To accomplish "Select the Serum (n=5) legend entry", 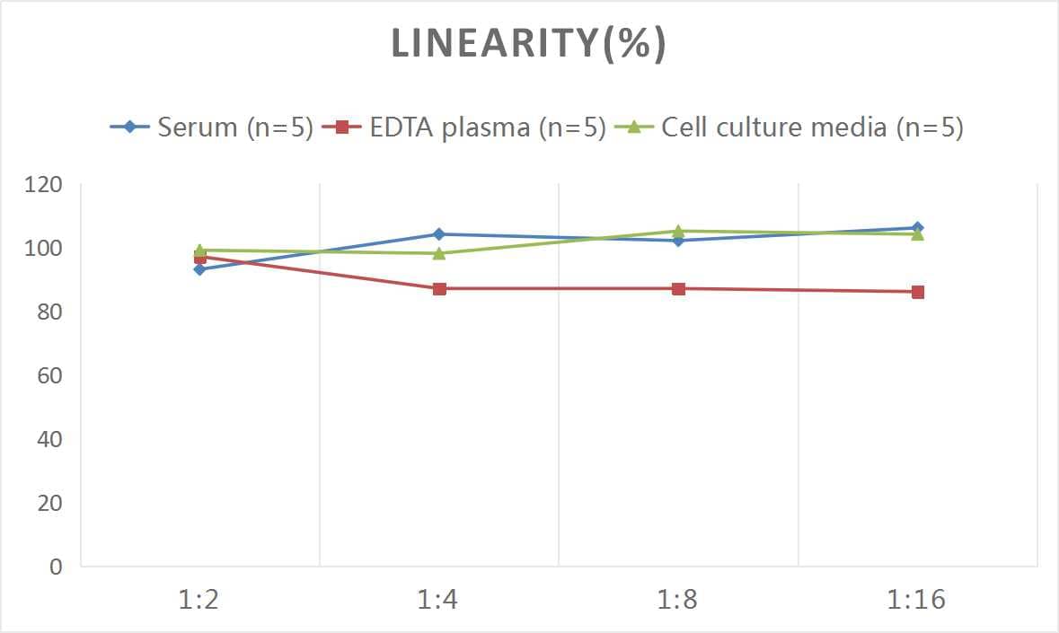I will coord(212,127).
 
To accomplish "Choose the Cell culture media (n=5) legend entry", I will coord(790,127).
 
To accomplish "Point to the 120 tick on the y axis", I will coord(44,185).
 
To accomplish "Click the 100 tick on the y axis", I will coord(44,249).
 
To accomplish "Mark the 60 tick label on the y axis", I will coord(49,375).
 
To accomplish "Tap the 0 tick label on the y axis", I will coord(56,567).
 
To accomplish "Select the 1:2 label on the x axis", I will coord(199,600).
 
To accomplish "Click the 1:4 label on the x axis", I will coord(438,600).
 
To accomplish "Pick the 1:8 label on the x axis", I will coord(678,600).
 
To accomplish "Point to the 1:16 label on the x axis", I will coord(917,600).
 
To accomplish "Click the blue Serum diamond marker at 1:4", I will coord(439,234).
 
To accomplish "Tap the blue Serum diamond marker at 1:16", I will coord(917,228).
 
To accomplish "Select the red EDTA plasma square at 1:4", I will coord(439,289).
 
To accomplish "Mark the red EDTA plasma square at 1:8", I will coord(678,289).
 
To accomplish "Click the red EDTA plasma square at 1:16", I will coord(917,292).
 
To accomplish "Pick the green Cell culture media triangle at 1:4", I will coord(439,253).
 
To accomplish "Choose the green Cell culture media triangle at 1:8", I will coord(678,231).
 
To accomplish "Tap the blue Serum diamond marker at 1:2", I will coord(199,269).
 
